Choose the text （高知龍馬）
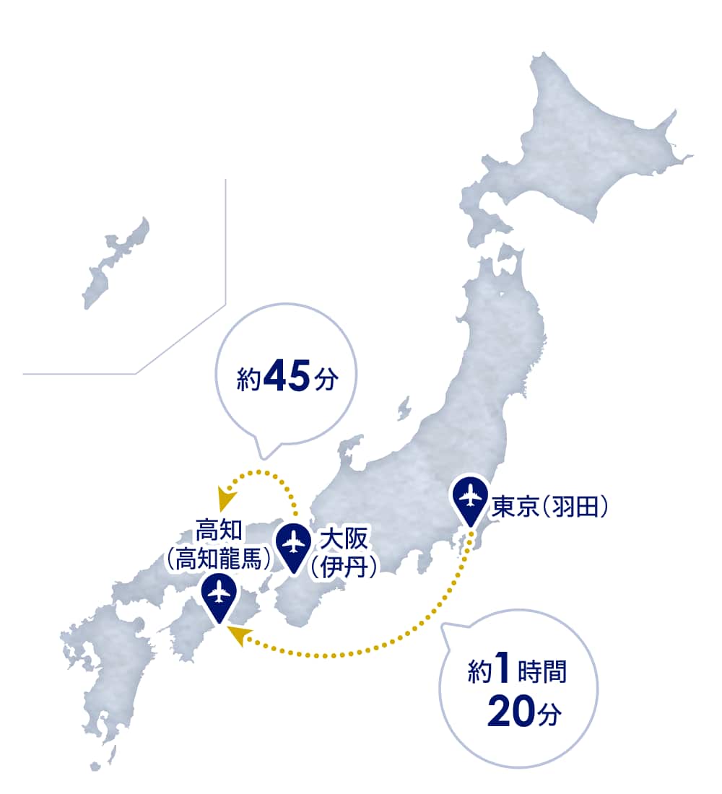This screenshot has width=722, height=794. click(219, 559)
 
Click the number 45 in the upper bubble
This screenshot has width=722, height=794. click(286, 378)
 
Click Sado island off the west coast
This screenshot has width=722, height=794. click(403, 408)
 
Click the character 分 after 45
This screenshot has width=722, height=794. click(326, 380)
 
